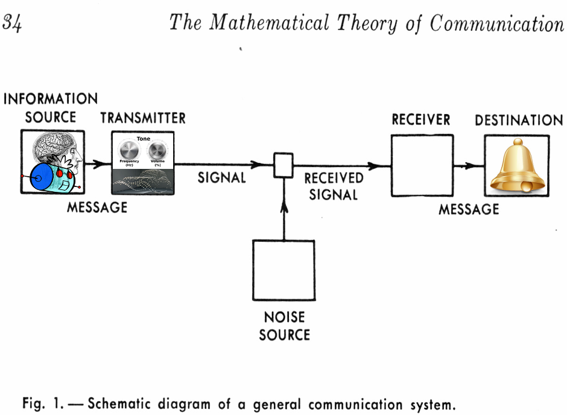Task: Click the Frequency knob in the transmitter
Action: click(129, 150)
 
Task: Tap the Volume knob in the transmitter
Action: click(157, 150)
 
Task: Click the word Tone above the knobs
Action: click(143, 139)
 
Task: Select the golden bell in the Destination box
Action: click(516, 165)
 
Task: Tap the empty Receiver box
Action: click(422, 165)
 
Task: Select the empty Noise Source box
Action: click(283, 270)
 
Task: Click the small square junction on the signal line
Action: click(283, 165)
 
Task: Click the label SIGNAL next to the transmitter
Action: click(221, 178)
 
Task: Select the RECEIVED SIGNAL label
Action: click(334, 186)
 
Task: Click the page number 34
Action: click(13, 23)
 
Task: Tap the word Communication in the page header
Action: click(496, 23)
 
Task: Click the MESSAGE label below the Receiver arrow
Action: click(468, 209)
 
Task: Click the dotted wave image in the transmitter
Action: click(143, 181)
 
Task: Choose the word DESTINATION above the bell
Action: click(518, 120)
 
